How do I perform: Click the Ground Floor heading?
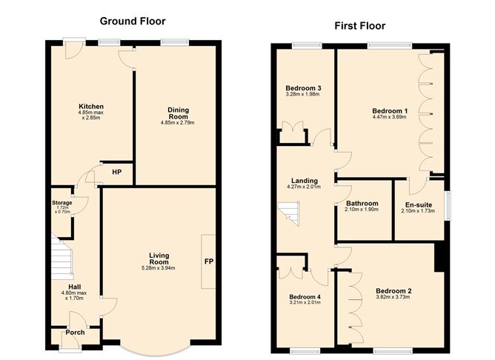pyautogui.click(x=133, y=21)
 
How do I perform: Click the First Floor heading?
pyautogui.click(x=360, y=26)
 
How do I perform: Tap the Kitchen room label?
pyautogui.click(x=91, y=107)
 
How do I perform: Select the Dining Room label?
pyautogui.click(x=179, y=113)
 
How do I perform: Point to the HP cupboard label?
pyautogui.click(x=117, y=172)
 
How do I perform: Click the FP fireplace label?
pyautogui.click(x=209, y=261)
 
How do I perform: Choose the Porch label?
pyautogui.click(x=75, y=333)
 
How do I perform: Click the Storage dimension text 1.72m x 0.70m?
pyautogui.click(x=62, y=210)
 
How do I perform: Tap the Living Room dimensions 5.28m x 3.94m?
pyautogui.click(x=159, y=268)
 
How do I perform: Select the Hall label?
pyautogui.click(x=75, y=287)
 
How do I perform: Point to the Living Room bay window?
pyautogui.click(x=156, y=349)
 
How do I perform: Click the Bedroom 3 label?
pyautogui.click(x=303, y=88)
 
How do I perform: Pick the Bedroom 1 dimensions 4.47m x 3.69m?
pyautogui.click(x=390, y=117)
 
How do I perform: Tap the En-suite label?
pyautogui.click(x=419, y=204)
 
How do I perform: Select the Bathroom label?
pyautogui.click(x=362, y=204)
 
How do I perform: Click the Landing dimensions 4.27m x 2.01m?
pyautogui.click(x=304, y=187)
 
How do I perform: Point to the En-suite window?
pyautogui.click(x=448, y=205)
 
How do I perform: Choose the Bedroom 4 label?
pyautogui.click(x=305, y=297)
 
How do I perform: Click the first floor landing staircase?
pyautogui.click(x=288, y=213)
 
